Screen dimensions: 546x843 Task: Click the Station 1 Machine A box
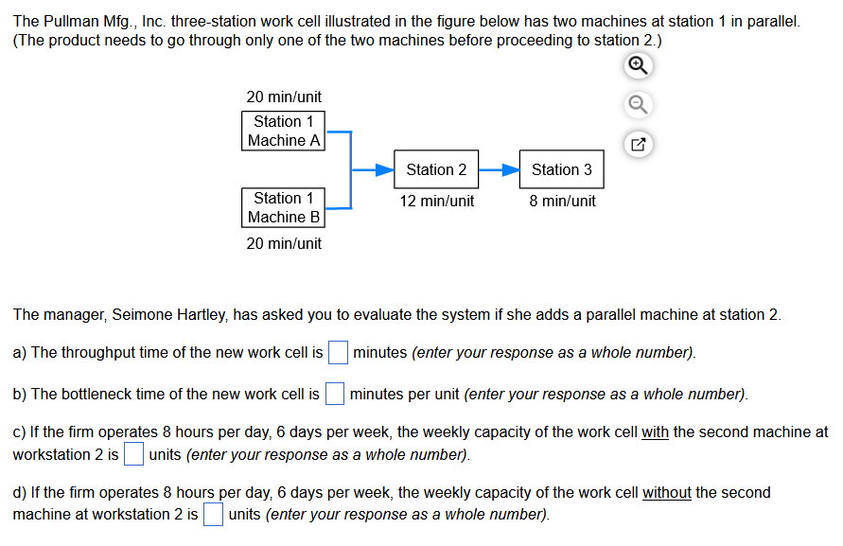(284, 131)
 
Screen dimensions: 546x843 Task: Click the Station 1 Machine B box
(284, 207)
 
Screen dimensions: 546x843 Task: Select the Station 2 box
(436, 169)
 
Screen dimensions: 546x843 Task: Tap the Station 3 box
(561, 169)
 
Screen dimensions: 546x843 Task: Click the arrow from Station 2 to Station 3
(499, 170)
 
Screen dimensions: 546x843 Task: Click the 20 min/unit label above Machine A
(284, 97)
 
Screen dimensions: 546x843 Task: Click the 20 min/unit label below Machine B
(284, 243)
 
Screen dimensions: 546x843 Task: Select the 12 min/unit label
(436, 201)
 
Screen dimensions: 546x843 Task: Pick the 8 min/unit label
(562, 201)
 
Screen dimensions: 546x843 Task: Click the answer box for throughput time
(338, 353)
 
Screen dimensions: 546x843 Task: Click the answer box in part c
(133, 455)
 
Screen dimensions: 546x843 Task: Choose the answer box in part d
(213, 515)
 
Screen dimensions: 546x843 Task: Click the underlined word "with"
(656, 432)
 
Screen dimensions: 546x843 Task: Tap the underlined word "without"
(667, 493)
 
